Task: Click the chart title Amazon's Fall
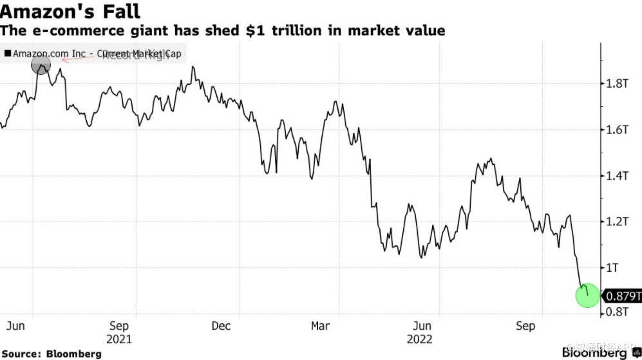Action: [x=70, y=11]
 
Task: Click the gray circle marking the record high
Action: [x=41, y=64]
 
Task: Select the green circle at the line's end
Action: [x=587, y=296]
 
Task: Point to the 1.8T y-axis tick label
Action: [x=616, y=84]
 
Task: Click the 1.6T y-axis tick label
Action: [x=616, y=129]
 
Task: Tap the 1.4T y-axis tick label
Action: [x=616, y=175]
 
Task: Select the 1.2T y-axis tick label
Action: [x=616, y=221]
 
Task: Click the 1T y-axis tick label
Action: [x=612, y=267]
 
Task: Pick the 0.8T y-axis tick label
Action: [x=616, y=312]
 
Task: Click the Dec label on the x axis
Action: [x=221, y=326]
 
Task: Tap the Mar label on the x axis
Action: [x=321, y=326]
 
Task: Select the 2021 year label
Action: [x=119, y=339]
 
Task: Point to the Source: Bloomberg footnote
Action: [x=52, y=354]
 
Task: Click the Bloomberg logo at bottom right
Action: [x=596, y=353]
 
